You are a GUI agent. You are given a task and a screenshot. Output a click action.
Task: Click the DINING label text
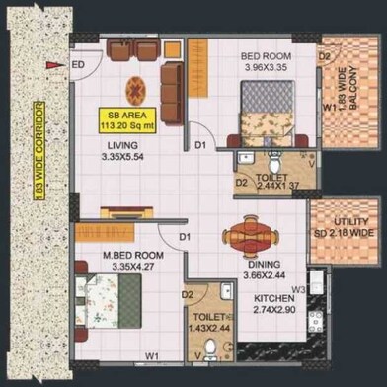point(265,265)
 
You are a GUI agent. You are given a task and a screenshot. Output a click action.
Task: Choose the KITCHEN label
point(275,298)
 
